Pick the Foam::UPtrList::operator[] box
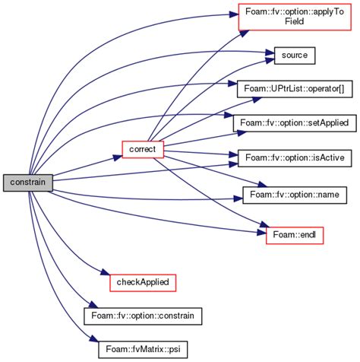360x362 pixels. point(292,89)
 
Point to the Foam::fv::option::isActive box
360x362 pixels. point(292,157)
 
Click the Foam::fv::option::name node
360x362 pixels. point(292,194)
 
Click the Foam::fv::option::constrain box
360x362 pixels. point(143,314)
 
